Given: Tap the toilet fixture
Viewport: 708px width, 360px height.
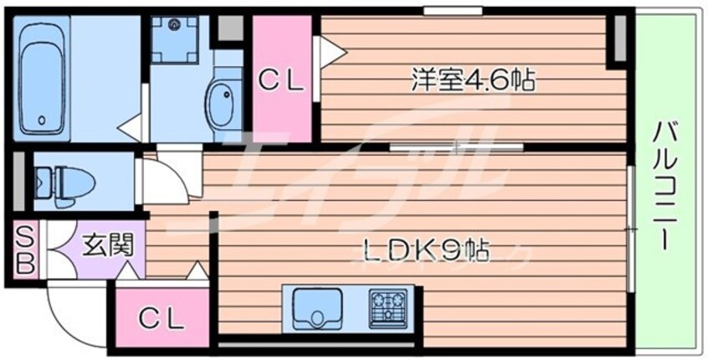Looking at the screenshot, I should [x=59, y=183].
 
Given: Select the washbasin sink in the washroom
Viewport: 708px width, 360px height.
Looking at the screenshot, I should [x=223, y=107].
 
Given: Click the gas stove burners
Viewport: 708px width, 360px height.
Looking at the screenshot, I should [x=387, y=305].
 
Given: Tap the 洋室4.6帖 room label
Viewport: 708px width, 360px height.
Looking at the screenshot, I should [x=472, y=80].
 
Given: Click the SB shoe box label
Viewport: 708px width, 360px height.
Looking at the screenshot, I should [x=24, y=249].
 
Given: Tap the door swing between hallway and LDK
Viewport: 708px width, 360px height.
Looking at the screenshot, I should [x=167, y=178].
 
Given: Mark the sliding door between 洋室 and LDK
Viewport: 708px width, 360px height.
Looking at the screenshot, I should [x=456, y=147].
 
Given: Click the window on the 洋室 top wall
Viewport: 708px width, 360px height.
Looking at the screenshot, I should [x=451, y=11].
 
